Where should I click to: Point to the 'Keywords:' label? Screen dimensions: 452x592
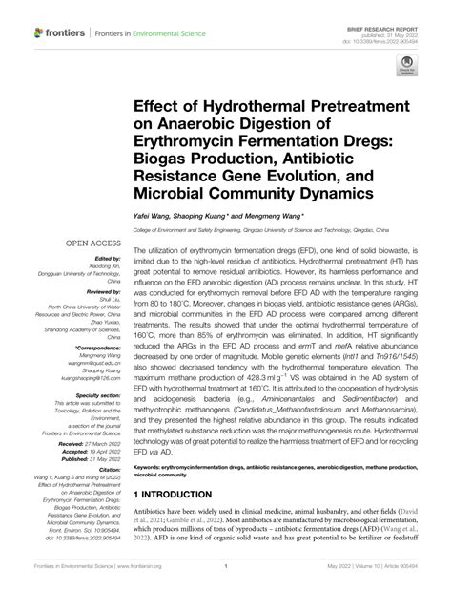[x=155, y=468]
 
